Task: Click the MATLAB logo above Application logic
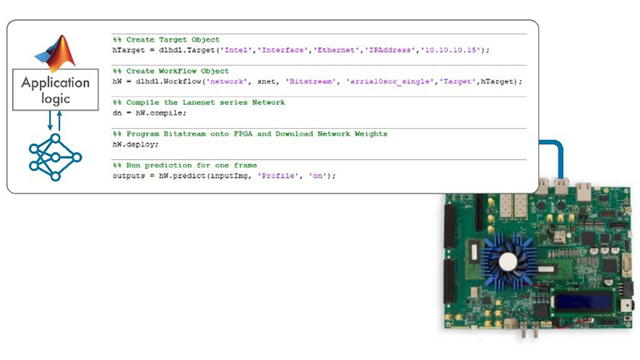pos(56,52)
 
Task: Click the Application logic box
pos(55,90)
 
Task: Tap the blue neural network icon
pos(55,157)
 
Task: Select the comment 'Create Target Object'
pos(173,39)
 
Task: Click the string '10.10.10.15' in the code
pos(450,50)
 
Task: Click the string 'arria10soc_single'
pos(390,82)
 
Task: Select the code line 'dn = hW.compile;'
pos(150,113)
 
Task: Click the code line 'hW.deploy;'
pos(135,145)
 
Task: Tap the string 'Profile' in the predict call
pos(278,176)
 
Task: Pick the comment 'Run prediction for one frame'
pos(191,166)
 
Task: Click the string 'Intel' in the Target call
pos(236,50)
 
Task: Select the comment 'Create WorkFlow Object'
pos(178,71)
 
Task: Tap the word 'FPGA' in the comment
pos(243,134)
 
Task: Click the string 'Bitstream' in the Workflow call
pos(311,82)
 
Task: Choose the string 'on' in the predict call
pos(317,176)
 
